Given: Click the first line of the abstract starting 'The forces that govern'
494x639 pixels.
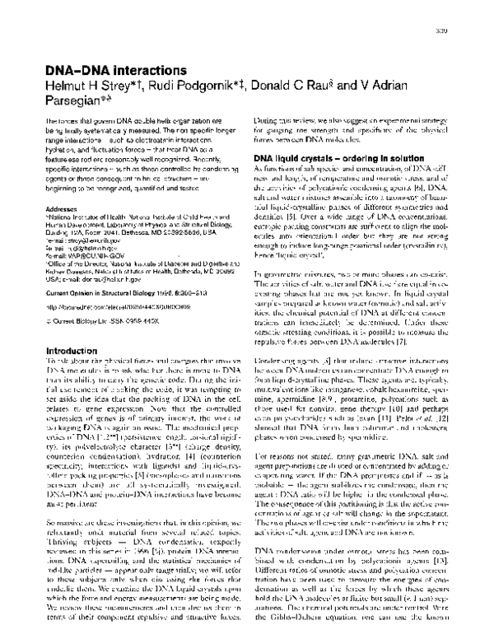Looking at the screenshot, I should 138,121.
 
